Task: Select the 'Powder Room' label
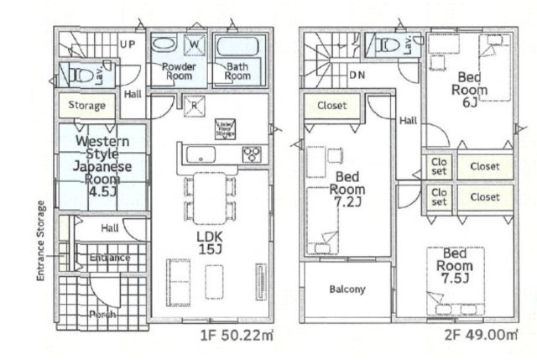pyautogui.click(x=179, y=70)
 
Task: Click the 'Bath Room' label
pyautogui.click(x=237, y=70)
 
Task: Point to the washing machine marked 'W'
pyautogui.click(x=193, y=44)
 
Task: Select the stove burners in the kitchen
pyautogui.click(x=252, y=154)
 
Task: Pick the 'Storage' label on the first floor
pyautogui.click(x=87, y=106)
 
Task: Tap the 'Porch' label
pyautogui.click(x=102, y=314)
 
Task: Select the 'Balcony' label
pyautogui.click(x=347, y=290)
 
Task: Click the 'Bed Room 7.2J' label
pyautogui.click(x=348, y=189)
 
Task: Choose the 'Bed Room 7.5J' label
pyautogui.click(x=454, y=267)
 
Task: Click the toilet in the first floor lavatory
pyautogui.click(x=80, y=74)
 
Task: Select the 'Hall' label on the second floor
pyautogui.click(x=408, y=121)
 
